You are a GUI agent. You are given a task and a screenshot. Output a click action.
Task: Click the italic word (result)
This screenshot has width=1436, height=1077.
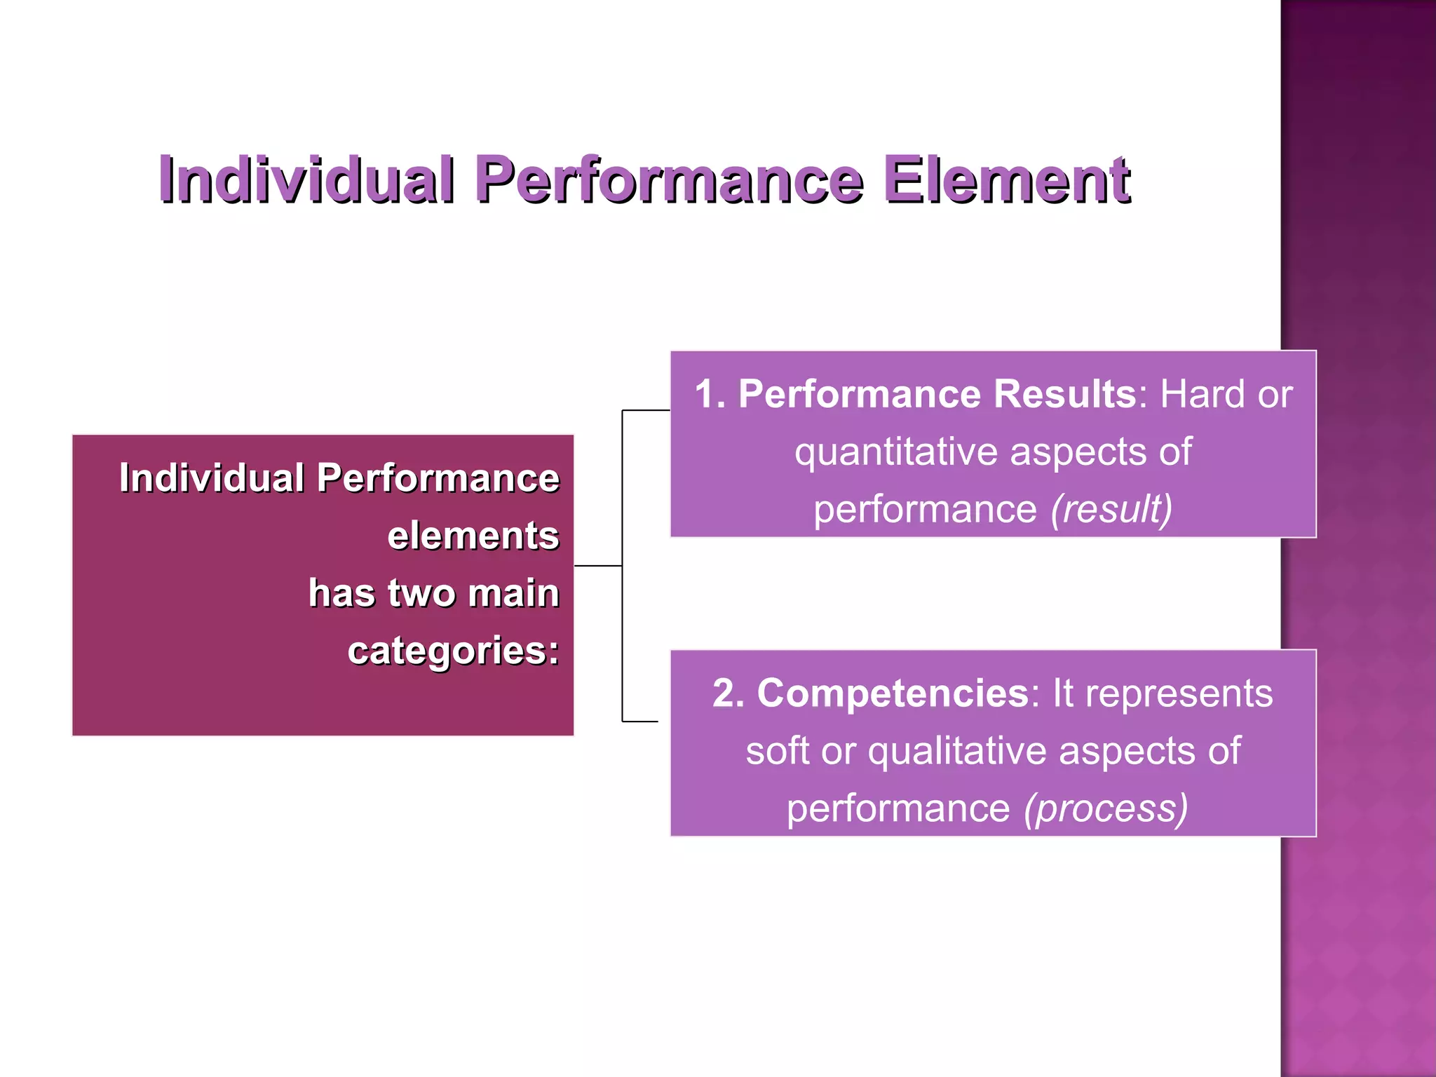(1111, 509)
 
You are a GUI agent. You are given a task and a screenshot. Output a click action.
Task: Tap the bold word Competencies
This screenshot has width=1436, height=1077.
(893, 693)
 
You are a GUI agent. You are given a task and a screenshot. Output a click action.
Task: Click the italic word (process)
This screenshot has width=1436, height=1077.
(1106, 808)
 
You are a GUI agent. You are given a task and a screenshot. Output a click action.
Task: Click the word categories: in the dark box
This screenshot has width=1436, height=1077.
(453, 651)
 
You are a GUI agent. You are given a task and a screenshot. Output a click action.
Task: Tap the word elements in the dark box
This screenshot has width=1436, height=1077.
(473, 536)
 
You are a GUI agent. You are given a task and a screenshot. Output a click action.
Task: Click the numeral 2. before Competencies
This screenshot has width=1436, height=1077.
(729, 693)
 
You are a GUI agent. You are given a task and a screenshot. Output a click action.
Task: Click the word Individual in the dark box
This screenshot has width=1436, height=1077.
(211, 478)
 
